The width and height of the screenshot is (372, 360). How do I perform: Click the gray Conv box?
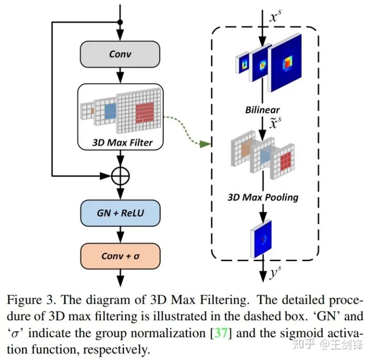coord(120,54)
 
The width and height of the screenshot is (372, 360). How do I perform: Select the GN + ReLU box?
coord(120,213)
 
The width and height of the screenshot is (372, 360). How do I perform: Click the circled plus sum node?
coord(120,176)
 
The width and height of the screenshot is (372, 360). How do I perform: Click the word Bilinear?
coord(262,110)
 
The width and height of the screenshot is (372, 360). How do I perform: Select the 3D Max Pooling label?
coord(263,197)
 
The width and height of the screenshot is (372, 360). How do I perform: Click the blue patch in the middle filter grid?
coord(110,111)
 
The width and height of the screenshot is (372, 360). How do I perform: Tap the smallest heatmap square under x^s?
coord(243,64)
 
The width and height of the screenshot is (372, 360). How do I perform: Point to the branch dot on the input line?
coord(120,22)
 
